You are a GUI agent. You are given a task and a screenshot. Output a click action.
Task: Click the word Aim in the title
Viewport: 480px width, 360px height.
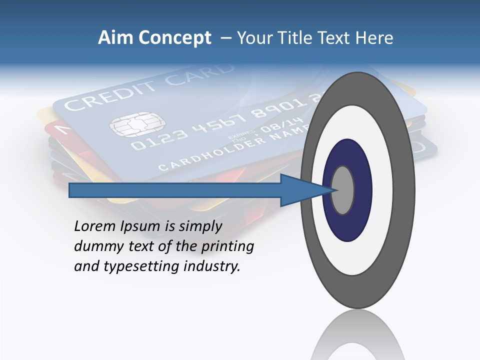tap(116, 38)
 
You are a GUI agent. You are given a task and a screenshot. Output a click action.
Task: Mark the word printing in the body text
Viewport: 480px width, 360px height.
tap(227, 246)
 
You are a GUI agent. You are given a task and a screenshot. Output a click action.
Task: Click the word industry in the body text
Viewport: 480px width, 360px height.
tap(212, 266)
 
